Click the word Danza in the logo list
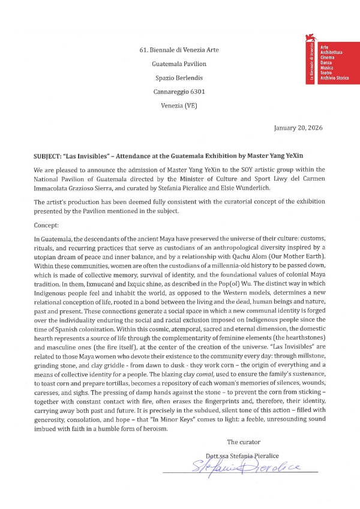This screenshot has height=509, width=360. tap(328, 64)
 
